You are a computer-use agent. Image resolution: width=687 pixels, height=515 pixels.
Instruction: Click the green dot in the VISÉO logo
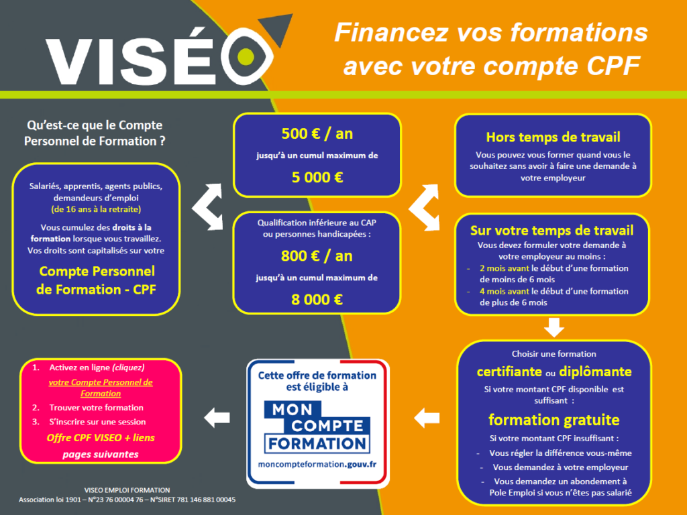tap(246, 57)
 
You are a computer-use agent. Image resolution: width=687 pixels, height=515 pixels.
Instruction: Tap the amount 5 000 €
tap(317, 177)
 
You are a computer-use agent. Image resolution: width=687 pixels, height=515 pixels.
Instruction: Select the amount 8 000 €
tap(317, 300)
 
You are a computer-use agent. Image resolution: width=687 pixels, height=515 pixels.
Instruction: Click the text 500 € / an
tap(317, 133)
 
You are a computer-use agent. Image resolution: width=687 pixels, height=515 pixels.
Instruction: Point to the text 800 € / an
tap(317, 255)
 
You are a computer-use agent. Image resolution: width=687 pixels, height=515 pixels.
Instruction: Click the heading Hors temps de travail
tap(553, 137)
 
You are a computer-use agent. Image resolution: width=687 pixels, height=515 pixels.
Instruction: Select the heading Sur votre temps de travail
tap(551, 231)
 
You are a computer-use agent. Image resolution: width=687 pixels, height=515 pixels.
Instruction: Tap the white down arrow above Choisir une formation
tap(553, 327)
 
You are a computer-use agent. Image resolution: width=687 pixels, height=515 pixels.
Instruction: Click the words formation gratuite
tap(553, 420)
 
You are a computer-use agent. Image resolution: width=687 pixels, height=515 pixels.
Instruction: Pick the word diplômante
tap(596, 371)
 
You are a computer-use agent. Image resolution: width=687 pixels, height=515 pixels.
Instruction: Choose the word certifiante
tap(510, 371)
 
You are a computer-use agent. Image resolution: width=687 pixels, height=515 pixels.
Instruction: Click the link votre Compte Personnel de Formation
tap(101, 388)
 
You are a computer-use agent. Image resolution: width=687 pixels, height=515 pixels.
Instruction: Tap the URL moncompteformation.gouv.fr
tap(317, 464)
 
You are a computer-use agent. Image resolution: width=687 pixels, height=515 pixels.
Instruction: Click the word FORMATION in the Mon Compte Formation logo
tap(317, 444)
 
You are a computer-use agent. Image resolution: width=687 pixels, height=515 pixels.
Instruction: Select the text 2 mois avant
tap(505, 268)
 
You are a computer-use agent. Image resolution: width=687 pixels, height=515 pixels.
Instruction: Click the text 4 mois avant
tap(505, 291)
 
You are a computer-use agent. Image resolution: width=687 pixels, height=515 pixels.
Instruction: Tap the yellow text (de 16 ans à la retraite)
tap(96, 209)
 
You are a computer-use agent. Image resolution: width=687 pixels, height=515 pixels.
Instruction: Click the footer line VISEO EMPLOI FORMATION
tap(127, 490)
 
